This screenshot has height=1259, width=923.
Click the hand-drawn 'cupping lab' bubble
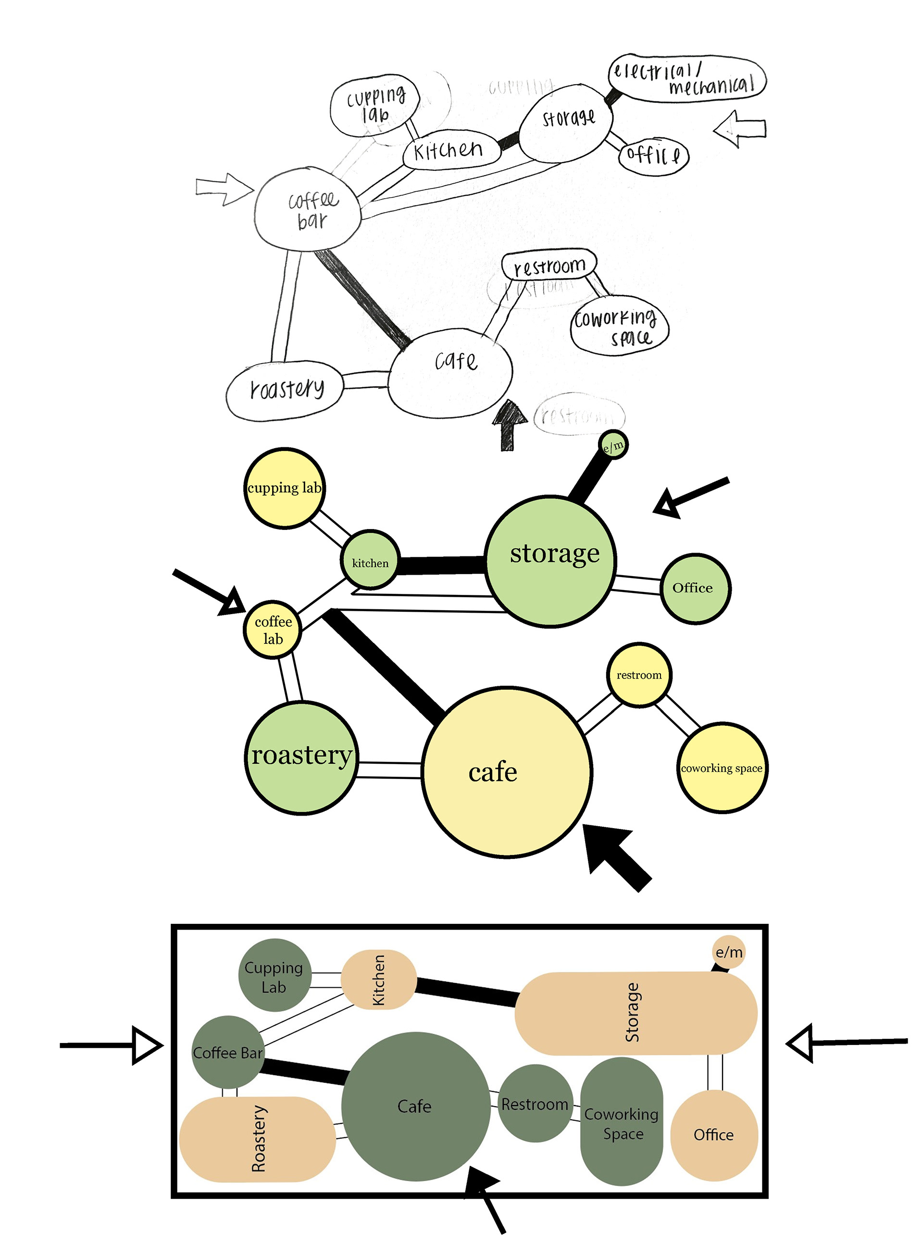click(374, 105)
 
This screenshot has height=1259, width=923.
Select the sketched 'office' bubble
click(653, 155)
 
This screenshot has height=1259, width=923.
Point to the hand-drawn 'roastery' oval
click(285, 390)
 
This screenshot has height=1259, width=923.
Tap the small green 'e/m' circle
click(613, 445)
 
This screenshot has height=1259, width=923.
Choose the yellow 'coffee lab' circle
click(272, 630)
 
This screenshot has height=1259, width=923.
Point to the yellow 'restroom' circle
click(638, 675)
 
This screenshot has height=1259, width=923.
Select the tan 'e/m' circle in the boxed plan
click(729, 952)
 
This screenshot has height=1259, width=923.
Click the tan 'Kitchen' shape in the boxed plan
click(379, 980)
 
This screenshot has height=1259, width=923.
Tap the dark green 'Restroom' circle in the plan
click(535, 1103)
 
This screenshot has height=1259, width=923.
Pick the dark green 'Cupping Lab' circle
click(274, 975)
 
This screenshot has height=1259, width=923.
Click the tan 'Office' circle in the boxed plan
click(713, 1134)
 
